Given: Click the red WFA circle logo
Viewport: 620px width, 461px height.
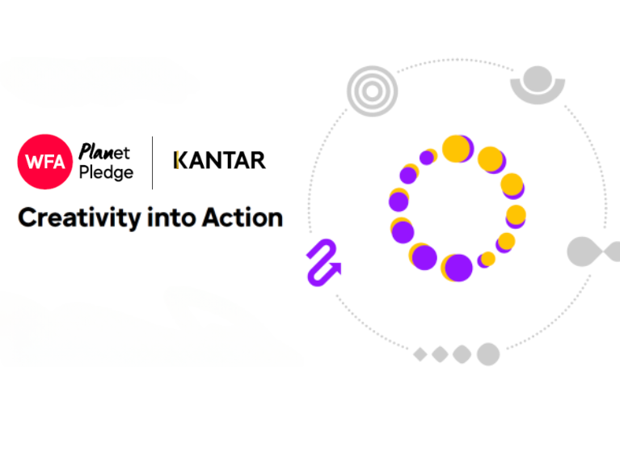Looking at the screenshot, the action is click(45, 162).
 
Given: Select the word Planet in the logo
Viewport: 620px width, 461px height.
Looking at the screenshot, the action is click(104, 151).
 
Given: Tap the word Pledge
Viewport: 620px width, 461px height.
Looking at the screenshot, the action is click(106, 172).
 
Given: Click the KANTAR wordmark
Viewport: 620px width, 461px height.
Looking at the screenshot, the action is click(219, 160).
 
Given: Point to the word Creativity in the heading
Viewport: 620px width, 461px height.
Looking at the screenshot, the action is click(79, 218).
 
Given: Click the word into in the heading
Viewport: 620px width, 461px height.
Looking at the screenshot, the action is click(171, 218).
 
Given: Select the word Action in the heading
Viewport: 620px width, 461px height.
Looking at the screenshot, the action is click(243, 218).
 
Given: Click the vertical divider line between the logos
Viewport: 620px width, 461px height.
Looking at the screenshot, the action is click(152, 163).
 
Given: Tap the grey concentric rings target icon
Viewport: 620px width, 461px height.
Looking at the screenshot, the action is click(372, 91).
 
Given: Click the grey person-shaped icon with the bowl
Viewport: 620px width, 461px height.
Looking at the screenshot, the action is click(538, 85).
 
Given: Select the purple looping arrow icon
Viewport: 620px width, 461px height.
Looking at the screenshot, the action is click(323, 262).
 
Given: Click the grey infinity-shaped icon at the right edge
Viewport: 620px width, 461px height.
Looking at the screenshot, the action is click(593, 252).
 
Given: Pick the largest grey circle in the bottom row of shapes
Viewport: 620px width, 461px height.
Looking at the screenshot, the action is click(488, 354).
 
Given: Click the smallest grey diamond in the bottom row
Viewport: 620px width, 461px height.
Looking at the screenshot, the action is click(420, 354).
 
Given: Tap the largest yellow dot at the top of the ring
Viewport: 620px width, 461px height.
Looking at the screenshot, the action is click(457, 149).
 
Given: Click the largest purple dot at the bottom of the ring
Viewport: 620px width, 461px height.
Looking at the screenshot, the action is click(458, 268).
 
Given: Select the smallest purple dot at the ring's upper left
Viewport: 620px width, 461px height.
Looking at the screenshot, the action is click(427, 158).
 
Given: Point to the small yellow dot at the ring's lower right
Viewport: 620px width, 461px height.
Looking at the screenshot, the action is click(487, 259).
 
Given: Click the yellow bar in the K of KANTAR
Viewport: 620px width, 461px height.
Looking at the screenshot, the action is click(177, 160).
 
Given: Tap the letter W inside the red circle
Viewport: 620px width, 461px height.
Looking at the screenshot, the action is click(34, 162).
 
